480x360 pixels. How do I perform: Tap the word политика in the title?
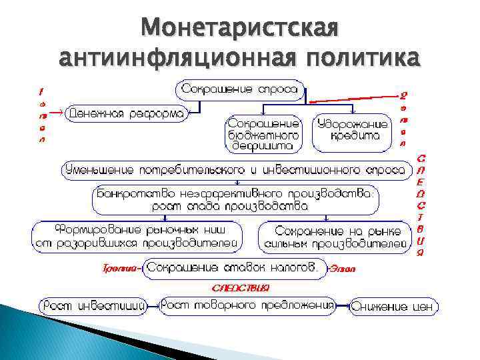click(362, 57)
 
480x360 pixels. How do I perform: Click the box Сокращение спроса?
click(240, 89)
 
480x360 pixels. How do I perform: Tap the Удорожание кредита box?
click(353, 130)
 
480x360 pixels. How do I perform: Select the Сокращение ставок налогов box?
click(233, 268)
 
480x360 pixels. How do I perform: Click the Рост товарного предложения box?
click(247, 305)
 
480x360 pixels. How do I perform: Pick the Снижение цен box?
click(394, 307)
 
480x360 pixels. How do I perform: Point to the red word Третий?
click(120, 269)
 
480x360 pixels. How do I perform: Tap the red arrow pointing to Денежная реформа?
click(58, 113)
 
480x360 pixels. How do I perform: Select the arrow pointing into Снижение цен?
click(343, 306)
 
